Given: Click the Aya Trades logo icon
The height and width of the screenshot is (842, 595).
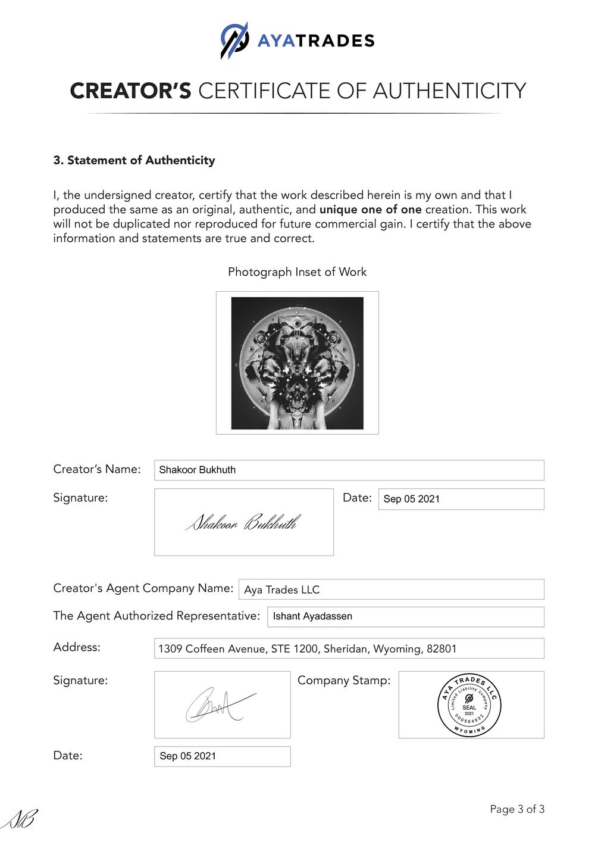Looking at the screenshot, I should [234, 40].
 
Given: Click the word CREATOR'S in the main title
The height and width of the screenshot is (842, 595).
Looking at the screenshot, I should [130, 91].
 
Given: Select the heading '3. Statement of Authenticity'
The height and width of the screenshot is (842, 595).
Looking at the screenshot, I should [134, 160].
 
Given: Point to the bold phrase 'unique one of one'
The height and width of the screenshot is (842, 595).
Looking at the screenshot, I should [370, 210].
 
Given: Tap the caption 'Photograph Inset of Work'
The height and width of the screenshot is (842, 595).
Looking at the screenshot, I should [297, 272].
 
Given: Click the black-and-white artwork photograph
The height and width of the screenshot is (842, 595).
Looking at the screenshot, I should [297, 363].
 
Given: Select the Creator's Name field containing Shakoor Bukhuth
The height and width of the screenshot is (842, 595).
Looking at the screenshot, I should [349, 470].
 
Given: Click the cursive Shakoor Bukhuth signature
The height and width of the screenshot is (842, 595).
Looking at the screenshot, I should [243, 523].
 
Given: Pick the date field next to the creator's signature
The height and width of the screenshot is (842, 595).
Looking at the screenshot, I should [461, 499].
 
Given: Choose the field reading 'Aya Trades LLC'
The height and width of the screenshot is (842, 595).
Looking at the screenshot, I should [391, 590].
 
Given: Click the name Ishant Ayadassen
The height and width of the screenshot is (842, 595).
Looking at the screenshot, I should [312, 616].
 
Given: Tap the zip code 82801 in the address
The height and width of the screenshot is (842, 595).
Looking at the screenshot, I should [441, 648].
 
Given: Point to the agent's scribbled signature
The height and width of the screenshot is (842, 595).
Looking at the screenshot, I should [219, 706].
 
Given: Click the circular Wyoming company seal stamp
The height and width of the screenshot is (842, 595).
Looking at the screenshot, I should [469, 705].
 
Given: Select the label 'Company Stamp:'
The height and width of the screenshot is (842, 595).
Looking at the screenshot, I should [344, 680].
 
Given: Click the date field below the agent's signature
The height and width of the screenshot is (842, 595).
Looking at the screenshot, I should [222, 756].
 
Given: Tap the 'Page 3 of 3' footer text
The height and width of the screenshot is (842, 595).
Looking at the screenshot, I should [517, 809].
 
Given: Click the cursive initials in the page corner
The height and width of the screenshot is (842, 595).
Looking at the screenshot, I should [19, 821].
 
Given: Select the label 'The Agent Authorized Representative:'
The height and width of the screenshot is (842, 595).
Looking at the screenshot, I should [156, 616].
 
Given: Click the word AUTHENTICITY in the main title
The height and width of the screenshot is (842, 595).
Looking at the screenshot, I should [449, 91].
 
